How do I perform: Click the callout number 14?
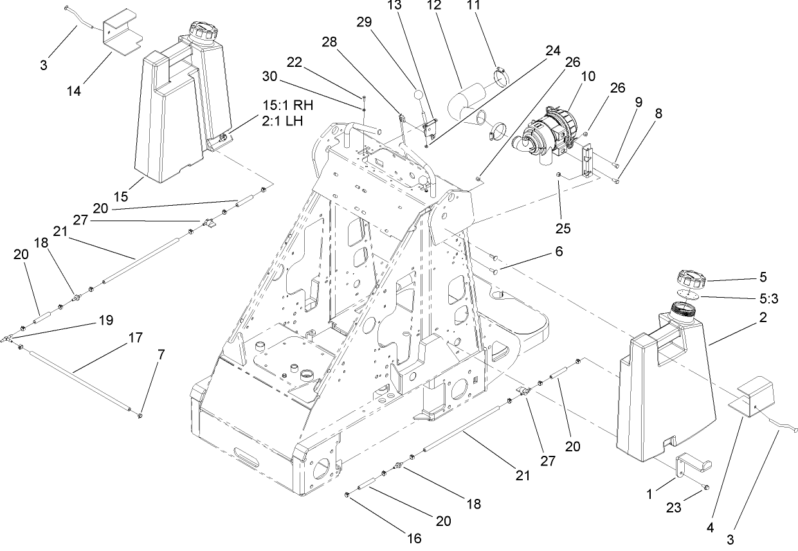click(x=73, y=91)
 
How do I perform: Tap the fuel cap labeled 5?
click(x=692, y=280)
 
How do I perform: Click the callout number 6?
click(x=558, y=253)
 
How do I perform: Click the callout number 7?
click(x=161, y=354)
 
